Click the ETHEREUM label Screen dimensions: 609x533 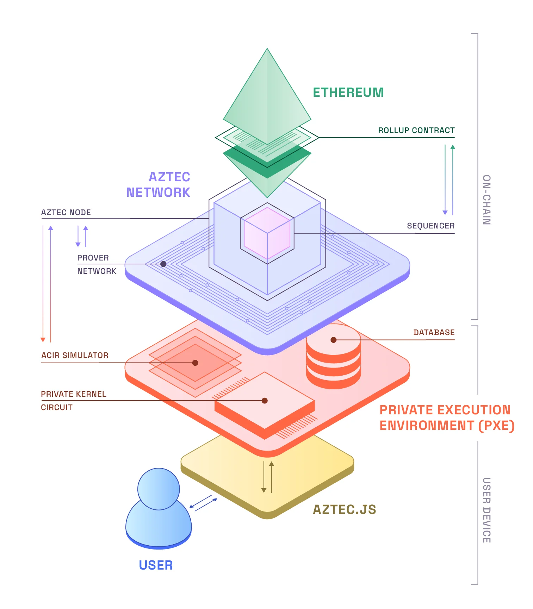point(348,93)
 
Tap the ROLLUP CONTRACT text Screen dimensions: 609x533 point(416,131)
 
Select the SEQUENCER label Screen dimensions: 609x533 point(430,226)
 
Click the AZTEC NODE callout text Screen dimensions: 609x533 point(66,213)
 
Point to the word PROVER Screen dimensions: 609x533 point(93,258)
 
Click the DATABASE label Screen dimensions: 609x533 point(434,333)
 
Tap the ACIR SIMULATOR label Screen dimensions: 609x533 point(75,356)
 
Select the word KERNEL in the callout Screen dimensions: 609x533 point(92,394)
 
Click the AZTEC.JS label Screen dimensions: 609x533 point(344,510)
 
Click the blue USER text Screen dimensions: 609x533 point(156,565)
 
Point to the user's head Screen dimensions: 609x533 point(159,489)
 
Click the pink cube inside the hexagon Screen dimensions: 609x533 point(267,233)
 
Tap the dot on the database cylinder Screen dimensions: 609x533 point(333,340)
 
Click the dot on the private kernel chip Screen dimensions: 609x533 point(265,401)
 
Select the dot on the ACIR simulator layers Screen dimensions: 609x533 point(195,363)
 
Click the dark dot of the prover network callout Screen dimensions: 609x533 point(163,264)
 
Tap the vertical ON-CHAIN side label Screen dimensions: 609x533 point(486,200)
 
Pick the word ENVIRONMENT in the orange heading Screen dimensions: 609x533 point(427,426)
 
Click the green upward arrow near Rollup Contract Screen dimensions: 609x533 point(453,180)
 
